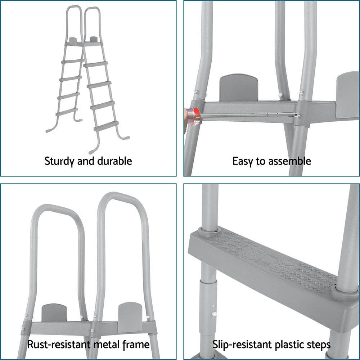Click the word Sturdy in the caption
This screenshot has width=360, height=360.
click(x=57, y=161)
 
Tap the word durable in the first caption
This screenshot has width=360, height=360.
click(x=114, y=161)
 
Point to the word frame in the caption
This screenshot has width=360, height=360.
click(x=136, y=345)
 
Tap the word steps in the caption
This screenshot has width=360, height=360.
click(x=318, y=345)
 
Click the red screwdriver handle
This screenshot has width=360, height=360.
click(x=193, y=116)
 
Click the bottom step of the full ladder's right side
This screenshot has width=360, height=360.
click(x=106, y=126)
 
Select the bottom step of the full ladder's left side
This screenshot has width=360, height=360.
click(x=67, y=112)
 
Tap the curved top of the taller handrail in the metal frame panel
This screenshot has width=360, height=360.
click(x=119, y=196)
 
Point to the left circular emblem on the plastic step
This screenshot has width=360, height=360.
click(x=255, y=253)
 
